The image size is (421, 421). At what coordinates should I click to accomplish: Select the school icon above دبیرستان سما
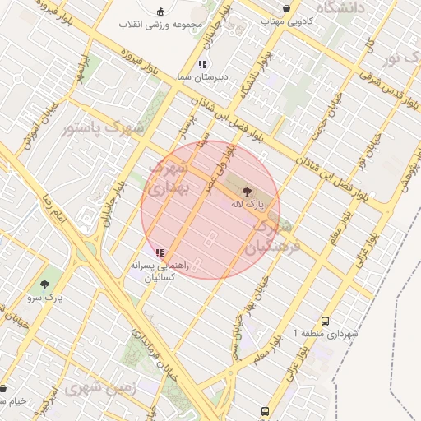[202, 63]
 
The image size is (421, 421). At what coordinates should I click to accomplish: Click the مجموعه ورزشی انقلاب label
[160, 23]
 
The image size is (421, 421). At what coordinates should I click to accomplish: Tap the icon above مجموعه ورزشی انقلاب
[161, 10]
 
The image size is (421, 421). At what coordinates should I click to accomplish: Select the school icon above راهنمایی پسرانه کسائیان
[159, 252]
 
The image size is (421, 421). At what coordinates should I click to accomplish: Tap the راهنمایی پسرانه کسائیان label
[161, 271]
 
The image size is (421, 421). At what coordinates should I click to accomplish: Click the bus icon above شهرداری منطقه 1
[326, 322]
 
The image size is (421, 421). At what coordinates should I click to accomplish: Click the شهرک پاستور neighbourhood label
[103, 128]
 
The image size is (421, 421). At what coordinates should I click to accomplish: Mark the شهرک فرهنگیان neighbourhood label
[274, 236]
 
